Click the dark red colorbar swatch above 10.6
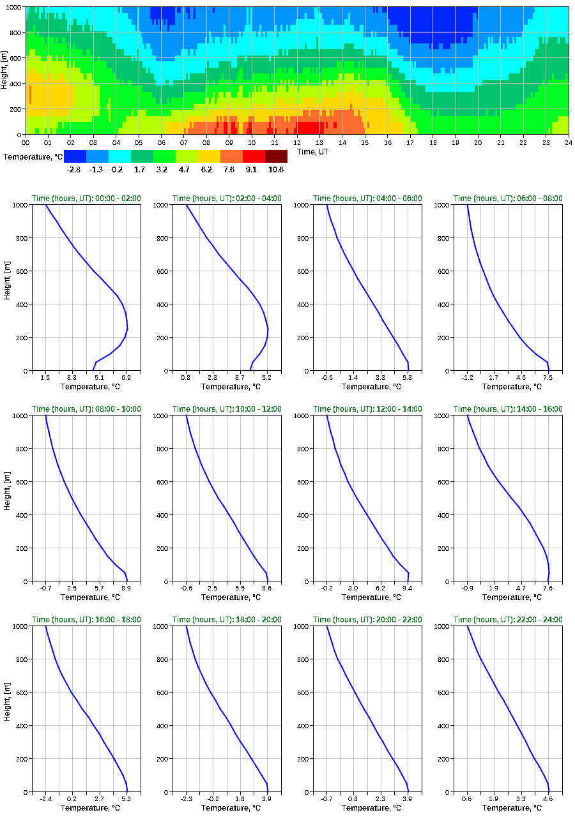(x=276, y=156)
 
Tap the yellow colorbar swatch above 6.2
(x=209, y=156)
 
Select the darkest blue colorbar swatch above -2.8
(x=75, y=156)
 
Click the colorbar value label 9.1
(x=254, y=170)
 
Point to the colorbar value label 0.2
(x=119, y=170)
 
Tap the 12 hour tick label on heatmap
(x=297, y=143)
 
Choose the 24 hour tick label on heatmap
(x=568, y=143)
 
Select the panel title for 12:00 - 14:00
(x=367, y=409)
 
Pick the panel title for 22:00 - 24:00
(x=508, y=620)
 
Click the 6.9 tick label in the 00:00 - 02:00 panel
(x=126, y=379)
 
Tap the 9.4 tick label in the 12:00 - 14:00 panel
(x=407, y=589)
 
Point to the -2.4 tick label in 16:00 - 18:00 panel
(x=45, y=800)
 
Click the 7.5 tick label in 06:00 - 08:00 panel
(x=548, y=379)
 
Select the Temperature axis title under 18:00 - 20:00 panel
(x=227, y=808)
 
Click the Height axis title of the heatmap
(x=5, y=71)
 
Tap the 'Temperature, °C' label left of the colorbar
(x=32, y=157)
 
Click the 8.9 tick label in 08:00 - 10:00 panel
(x=126, y=589)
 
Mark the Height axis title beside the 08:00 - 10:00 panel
(x=6, y=498)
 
